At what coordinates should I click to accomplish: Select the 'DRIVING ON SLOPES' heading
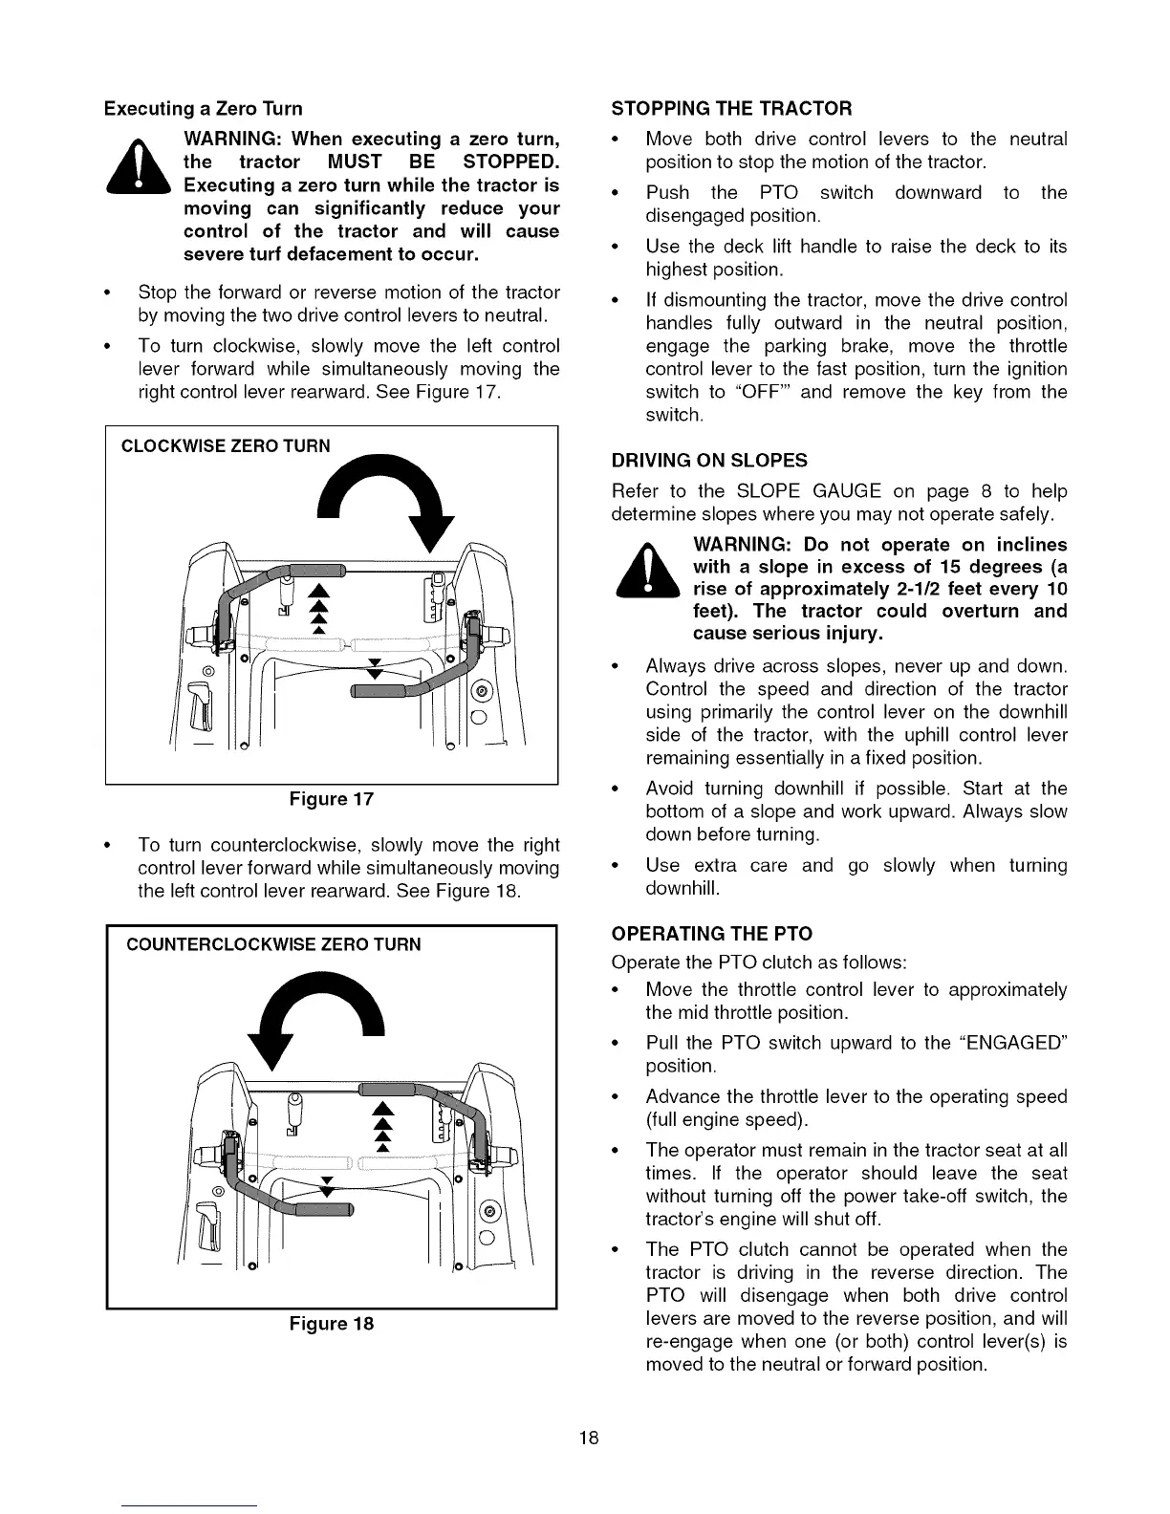click(709, 461)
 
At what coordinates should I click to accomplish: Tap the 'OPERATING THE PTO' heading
click(712, 933)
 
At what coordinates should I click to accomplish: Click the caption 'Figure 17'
click(332, 799)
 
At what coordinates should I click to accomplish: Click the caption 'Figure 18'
click(332, 1324)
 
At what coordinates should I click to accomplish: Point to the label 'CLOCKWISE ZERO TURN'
click(226, 445)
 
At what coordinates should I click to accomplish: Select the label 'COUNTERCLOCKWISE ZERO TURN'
click(273, 945)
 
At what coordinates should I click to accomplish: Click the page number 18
click(588, 1438)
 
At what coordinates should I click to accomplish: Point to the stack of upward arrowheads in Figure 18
click(382, 1128)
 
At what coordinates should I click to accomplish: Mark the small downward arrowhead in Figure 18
click(327, 1190)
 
